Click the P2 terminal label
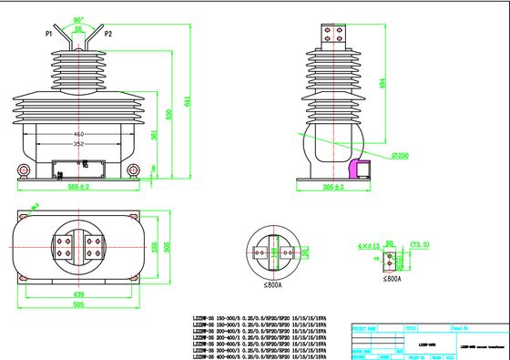coord(108,34)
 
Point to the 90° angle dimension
coord(78,18)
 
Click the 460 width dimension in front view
coord(79,134)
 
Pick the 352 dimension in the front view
coord(79,143)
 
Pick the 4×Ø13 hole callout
coord(370,245)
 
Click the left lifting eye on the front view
coord(22,170)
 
